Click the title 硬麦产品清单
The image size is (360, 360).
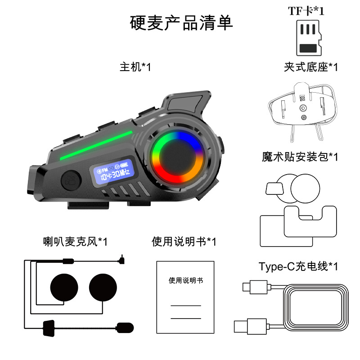pyautogui.click(x=181, y=23)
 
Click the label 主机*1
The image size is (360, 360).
pyautogui.click(x=135, y=67)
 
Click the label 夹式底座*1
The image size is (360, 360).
pyautogui.click(x=310, y=67)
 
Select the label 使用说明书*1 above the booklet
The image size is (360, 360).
pyautogui.click(x=184, y=241)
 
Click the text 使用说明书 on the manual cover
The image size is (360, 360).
pyautogui.click(x=186, y=280)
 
